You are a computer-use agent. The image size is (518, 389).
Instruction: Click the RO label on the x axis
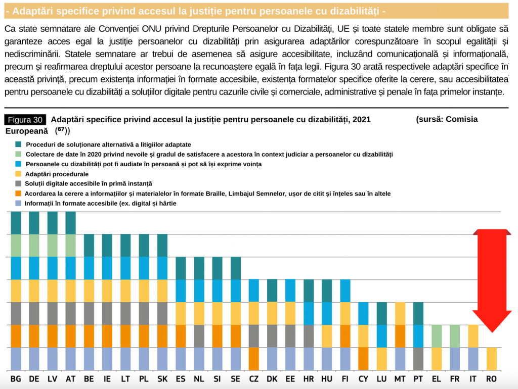tap(491, 379)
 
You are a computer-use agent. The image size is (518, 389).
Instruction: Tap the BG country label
tap(16, 379)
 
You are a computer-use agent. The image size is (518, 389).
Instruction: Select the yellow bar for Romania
tap(492, 359)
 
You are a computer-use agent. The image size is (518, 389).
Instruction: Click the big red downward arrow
tap(492, 280)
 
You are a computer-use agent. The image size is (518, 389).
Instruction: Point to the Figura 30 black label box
tap(25, 120)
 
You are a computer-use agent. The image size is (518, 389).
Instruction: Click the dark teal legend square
tap(18, 144)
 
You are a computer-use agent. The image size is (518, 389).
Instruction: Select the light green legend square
tap(18, 154)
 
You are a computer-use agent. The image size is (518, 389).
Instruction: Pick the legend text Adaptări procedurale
tap(57, 174)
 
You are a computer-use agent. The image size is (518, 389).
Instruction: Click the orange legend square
tap(18, 193)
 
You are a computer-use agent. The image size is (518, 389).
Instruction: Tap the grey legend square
tap(18, 183)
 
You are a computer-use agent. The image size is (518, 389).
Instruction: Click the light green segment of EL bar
tap(437, 336)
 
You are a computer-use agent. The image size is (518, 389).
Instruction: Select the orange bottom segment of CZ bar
tap(254, 359)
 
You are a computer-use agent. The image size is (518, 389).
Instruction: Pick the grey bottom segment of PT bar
tap(418, 359)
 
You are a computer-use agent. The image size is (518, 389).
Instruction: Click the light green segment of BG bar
tap(16, 246)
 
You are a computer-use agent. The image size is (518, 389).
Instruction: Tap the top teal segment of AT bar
tap(71, 223)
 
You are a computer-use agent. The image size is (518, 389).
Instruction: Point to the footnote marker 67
tap(61, 129)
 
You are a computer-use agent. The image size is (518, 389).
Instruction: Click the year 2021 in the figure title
tap(362, 119)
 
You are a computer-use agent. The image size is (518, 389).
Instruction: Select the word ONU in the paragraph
tap(151, 29)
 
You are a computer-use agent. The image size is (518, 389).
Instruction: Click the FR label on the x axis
tap(455, 379)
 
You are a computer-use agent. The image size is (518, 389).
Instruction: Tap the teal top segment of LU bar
tap(382, 313)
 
